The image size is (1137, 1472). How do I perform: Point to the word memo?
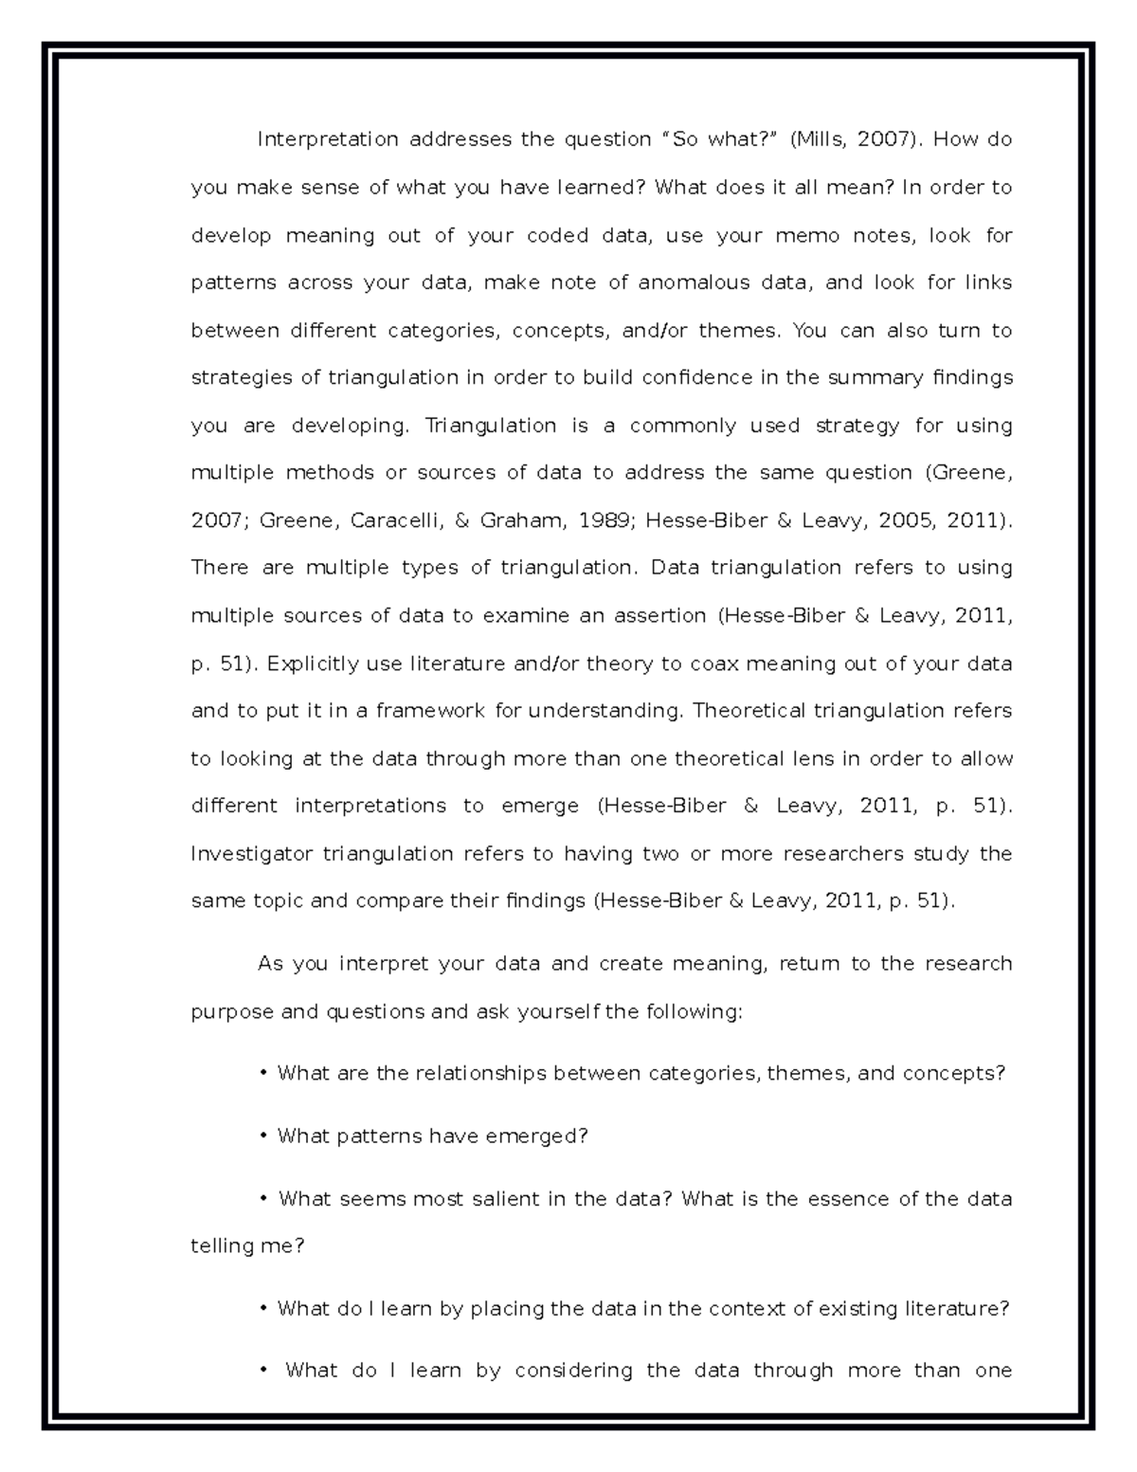pos(807,235)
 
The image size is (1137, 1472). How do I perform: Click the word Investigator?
pos(249,853)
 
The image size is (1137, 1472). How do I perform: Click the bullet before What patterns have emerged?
pos(262,1136)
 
